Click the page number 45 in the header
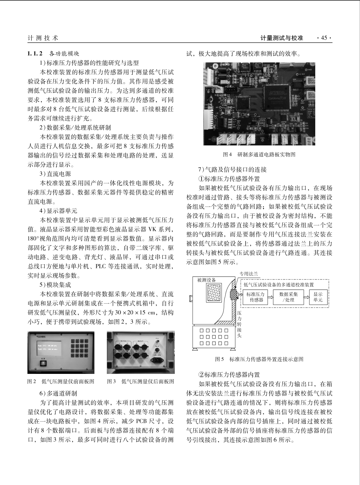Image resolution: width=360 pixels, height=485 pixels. click(x=324, y=38)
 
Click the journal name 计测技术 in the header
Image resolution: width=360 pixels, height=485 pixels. click(x=43, y=38)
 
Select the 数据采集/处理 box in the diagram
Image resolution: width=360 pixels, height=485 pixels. click(x=288, y=296)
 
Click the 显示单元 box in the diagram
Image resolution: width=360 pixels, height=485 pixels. click(x=318, y=296)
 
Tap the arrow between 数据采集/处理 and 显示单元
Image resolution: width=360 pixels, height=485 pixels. click(x=306, y=296)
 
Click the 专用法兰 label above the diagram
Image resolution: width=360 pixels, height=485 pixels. click(x=249, y=274)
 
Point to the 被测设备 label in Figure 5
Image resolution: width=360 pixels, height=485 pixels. click(x=206, y=280)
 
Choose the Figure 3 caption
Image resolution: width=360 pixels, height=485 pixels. click(x=140, y=381)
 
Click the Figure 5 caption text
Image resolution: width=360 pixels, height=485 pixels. click(x=259, y=359)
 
